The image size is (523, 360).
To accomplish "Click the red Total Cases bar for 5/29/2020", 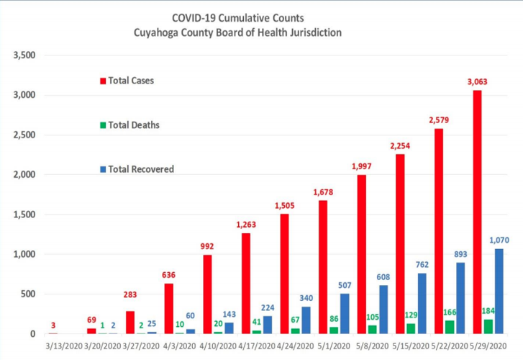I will tap(476, 212).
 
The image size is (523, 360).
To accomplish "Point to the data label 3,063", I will tap(477, 82).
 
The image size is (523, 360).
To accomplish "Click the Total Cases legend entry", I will tap(130, 81).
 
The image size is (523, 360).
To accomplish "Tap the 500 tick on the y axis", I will tap(28, 294).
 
